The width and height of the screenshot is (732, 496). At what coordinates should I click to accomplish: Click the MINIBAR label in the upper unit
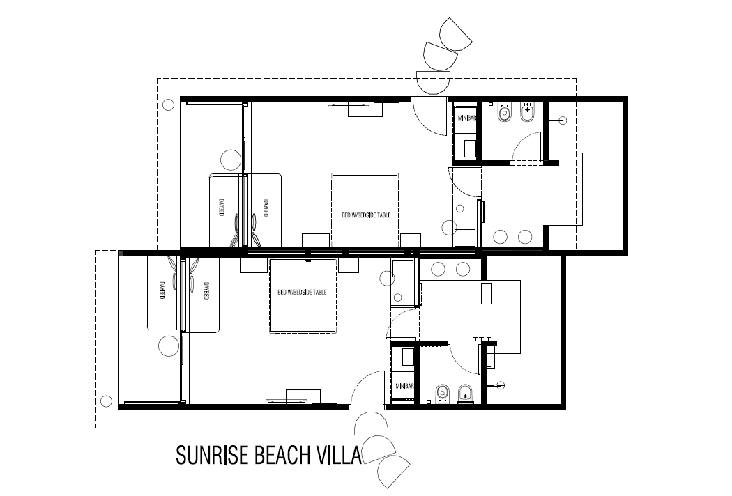coord(466,118)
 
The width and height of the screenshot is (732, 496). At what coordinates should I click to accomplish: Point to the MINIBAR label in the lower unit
coord(405,385)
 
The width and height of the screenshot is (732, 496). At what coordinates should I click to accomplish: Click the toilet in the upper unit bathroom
coord(503,112)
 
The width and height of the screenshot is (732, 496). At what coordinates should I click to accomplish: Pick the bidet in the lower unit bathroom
coord(466,396)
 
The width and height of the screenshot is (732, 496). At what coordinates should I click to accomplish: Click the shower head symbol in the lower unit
coord(501,383)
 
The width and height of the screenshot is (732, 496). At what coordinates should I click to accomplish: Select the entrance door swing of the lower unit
coord(369,389)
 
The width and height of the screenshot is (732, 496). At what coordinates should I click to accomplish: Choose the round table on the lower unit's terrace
coord(169,346)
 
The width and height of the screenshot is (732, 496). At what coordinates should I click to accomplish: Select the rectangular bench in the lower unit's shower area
coord(487,294)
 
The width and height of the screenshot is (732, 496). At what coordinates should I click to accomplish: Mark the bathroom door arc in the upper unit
coord(528,145)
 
